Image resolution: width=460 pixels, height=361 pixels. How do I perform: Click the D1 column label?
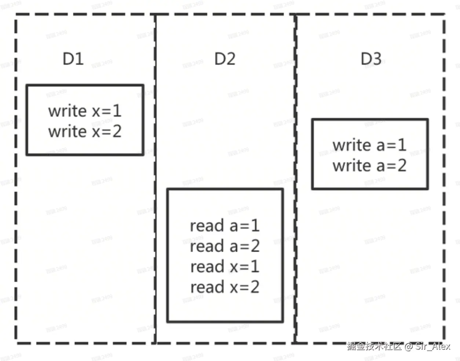(x=73, y=59)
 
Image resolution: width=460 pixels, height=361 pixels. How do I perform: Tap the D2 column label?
(x=225, y=59)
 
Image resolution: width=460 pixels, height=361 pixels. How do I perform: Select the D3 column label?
(x=371, y=59)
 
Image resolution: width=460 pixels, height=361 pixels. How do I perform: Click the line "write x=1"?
(x=85, y=111)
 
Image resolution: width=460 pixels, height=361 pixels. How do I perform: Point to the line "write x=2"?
(x=85, y=131)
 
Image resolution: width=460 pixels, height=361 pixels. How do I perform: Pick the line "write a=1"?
(x=369, y=145)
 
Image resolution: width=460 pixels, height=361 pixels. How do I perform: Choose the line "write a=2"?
(x=369, y=165)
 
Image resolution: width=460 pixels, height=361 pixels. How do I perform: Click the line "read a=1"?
(x=225, y=226)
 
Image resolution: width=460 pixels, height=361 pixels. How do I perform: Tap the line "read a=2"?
(x=225, y=246)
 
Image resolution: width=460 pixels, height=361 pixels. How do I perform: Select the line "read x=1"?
(x=225, y=266)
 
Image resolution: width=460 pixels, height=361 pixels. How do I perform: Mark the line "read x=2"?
(x=225, y=287)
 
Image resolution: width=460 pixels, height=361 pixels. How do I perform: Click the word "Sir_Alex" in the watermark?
(x=433, y=346)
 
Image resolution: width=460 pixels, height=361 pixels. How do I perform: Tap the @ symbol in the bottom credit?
(x=409, y=346)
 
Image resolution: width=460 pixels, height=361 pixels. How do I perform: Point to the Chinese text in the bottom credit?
(x=374, y=346)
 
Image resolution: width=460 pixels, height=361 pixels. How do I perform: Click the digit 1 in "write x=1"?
(x=117, y=111)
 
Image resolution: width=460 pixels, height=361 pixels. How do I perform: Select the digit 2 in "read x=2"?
(x=255, y=287)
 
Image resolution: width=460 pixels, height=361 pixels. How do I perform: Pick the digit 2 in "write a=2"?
(x=402, y=165)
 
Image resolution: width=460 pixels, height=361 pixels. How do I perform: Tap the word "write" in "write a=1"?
(x=351, y=145)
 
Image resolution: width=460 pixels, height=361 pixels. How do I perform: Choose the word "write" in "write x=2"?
(x=67, y=131)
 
